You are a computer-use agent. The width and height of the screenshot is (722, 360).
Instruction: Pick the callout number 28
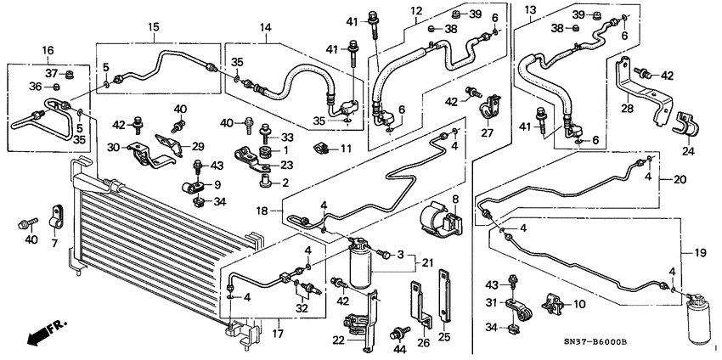(x=626, y=108)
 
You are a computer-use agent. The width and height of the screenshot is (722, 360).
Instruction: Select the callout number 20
(x=680, y=179)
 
